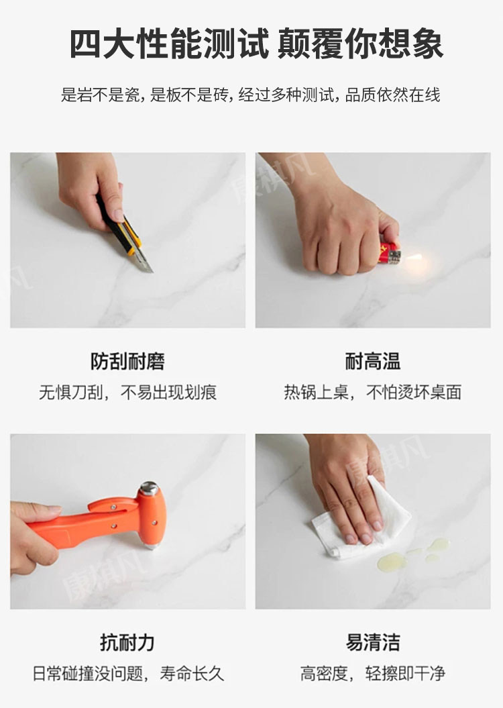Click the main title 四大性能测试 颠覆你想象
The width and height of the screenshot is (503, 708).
click(256, 44)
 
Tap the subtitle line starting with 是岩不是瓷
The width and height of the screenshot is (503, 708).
click(251, 95)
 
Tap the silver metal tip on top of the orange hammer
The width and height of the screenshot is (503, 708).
click(149, 489)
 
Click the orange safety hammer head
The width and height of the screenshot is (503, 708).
click(151, 515)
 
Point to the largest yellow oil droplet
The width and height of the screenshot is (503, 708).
click(392, 561)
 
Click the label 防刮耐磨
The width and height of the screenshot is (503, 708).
click(127, 361)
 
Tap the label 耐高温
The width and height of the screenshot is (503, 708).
click(373, 361)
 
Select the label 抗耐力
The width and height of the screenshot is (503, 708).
click(127, 642)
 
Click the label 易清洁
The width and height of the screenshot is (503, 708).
click(373, 642)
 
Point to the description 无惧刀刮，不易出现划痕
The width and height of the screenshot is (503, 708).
click(127, 392)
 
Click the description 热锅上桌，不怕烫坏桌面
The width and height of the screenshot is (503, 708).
click(373, 392)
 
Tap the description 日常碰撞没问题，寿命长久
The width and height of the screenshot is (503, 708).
click(128, 673)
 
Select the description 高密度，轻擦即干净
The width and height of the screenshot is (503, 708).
click(373, 673)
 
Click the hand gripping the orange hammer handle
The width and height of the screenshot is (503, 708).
click(32, 538)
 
